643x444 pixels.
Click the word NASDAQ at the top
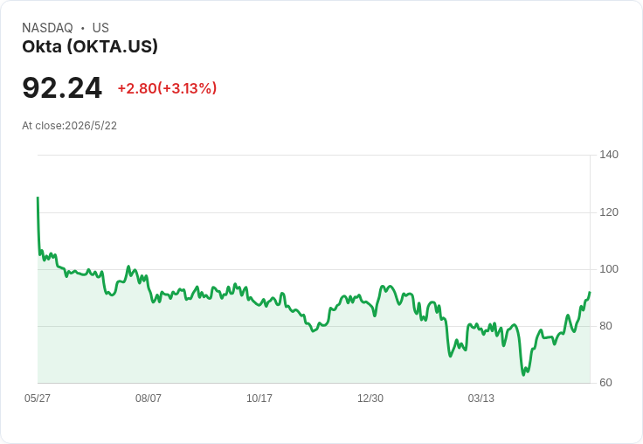click(47, 28)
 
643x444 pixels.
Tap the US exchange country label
click(100, 28)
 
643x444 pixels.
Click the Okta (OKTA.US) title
click(90, 47)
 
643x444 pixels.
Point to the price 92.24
click(62, 87)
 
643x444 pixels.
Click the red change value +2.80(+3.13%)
click(168, 88)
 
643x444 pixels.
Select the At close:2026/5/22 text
click(69, 126)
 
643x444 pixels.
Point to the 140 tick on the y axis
click(609, 155)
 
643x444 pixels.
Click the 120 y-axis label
click(609, 212)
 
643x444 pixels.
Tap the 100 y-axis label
click(609, 269)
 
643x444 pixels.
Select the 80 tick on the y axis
click(605, 326)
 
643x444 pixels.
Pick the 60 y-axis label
click(605, 383)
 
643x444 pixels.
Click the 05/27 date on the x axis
click(38, 398)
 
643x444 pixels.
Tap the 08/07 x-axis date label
click(148, 398)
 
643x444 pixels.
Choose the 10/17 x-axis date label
click(259, 398)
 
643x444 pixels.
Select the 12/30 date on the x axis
click(370, 398)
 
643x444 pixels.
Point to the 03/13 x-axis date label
click(481, 398)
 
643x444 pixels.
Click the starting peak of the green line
click(38, 198)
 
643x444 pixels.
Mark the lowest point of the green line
click(523, 375)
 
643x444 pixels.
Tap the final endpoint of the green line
click(590, 293)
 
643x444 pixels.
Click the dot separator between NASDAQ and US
click(82, 28)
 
